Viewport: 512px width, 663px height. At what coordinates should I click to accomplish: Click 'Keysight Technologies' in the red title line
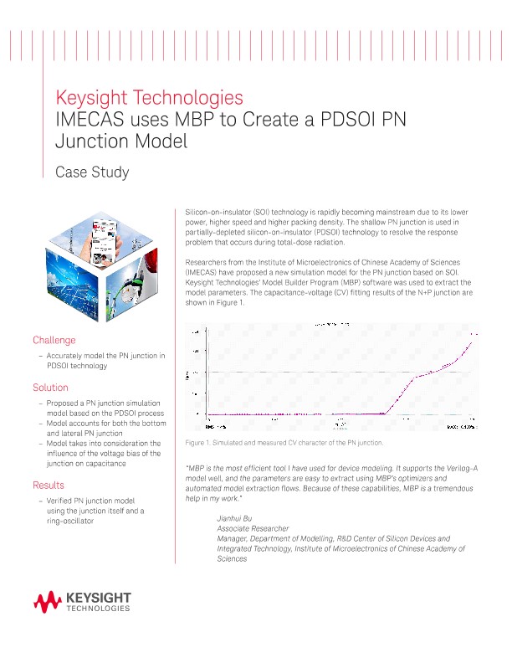(x=149, y=96)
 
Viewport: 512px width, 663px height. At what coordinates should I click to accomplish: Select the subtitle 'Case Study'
(x=91, y=172)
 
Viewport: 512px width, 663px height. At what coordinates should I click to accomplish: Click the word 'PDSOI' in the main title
(x=340, y=119)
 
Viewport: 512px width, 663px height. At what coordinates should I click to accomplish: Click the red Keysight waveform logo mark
(x=48, y=600)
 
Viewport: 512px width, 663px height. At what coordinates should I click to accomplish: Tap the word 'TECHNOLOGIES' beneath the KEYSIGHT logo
(x=98, y=609)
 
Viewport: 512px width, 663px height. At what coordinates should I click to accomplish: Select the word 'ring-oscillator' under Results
(x=70, y=521)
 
